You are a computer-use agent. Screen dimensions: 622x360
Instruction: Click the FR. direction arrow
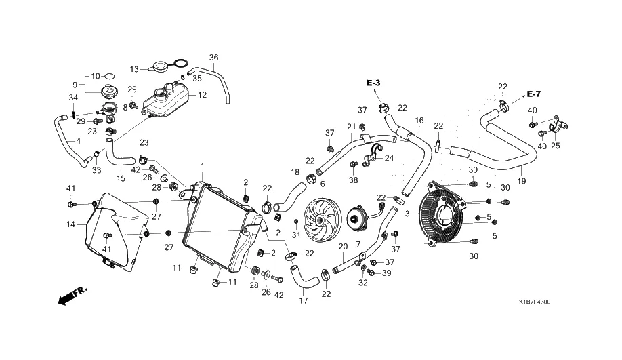(72, 296)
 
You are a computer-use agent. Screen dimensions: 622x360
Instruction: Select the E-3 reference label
(373, 83)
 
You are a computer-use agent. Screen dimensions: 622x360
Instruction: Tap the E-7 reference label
(533, 94)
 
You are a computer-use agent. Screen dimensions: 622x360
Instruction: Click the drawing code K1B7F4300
(535, 302)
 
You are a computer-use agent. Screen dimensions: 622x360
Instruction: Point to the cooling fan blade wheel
(323, 220)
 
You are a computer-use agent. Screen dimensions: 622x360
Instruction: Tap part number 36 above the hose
(214, 58)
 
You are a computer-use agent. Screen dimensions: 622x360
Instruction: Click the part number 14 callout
(70, 224)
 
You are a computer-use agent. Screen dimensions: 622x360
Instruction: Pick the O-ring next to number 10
(109, 76)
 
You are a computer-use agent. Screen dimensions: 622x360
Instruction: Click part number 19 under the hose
(522, 181)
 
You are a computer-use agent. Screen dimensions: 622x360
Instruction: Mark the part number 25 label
(556, 146)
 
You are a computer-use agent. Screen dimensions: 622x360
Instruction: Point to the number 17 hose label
(303, 300)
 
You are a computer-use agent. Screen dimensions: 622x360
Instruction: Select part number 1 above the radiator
(203, 165)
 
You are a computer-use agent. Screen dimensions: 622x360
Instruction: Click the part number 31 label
(296, 235)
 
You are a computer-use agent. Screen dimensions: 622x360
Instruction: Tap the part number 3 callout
(407, 214)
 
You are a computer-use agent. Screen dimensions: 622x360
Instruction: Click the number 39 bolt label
(386, 273)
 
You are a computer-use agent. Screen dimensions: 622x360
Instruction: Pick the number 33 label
(96, 170)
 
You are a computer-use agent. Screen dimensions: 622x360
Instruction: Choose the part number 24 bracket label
(389, 158)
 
